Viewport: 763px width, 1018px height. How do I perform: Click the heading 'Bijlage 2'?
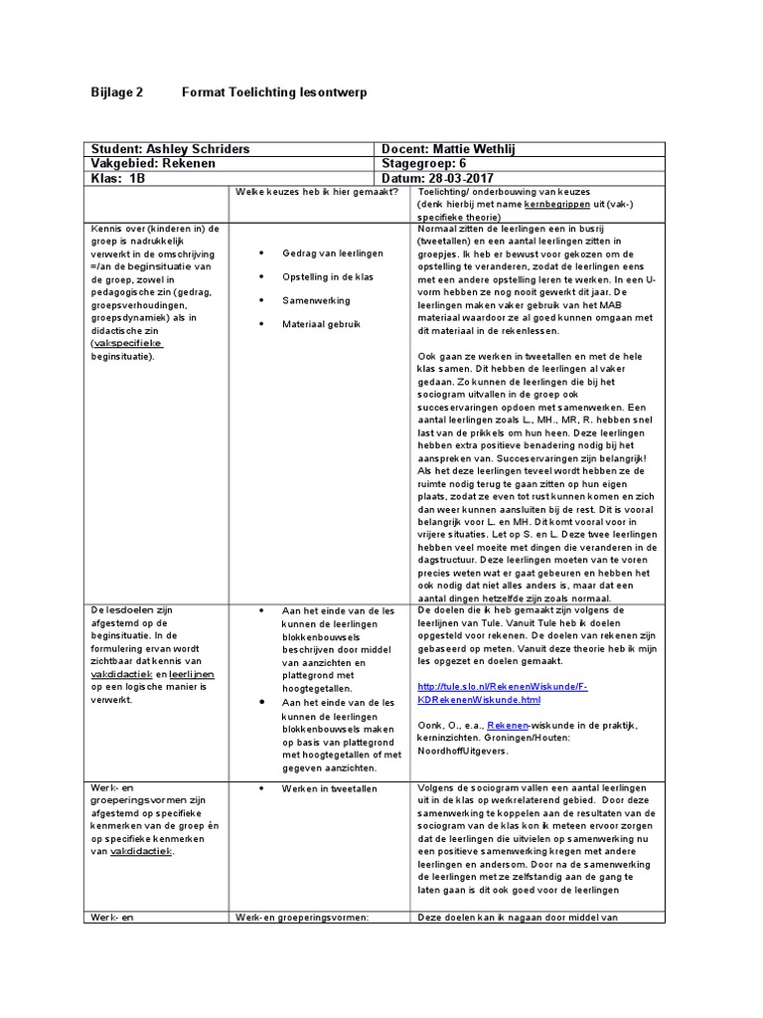(117, 91)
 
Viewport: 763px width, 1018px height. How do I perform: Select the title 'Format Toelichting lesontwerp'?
(273, 91)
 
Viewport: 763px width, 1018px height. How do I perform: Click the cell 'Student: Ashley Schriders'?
(170, 149)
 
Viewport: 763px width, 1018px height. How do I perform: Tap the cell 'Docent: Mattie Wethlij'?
(449, 149)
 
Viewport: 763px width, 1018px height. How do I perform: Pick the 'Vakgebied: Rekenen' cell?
(153, 164)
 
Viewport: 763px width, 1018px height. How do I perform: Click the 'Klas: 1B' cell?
(117, 179)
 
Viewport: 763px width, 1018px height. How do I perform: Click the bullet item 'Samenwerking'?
(311, 300)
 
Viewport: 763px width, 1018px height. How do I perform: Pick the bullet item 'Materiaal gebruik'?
(321, 324)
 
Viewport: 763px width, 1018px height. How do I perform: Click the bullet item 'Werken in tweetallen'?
(329, 788)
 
